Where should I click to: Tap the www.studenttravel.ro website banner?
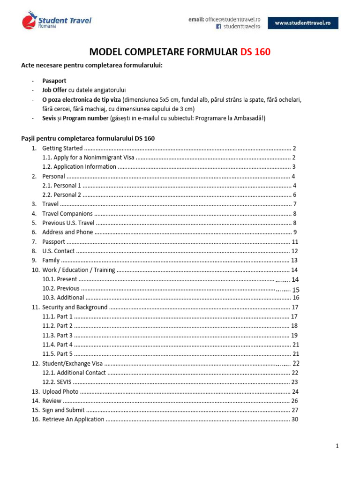[303, 22]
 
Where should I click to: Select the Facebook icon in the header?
[218, 27]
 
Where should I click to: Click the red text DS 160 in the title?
[255, 52]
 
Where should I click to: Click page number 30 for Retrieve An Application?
[295, 419]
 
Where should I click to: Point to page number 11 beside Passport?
[295, 242]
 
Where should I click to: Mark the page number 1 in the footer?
[337, 446]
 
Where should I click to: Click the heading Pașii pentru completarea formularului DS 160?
[88, 138]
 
